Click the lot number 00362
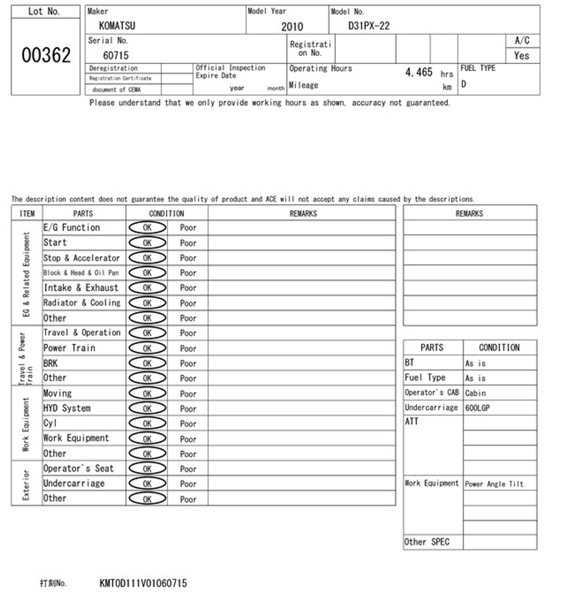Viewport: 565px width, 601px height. point(46,55)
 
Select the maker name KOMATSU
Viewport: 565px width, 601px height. point(117,26)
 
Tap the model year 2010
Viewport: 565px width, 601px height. point(292,26)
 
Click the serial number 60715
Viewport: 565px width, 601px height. point(116,55)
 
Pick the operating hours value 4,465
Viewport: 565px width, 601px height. point(418,72)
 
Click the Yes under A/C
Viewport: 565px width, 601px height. point(521,56)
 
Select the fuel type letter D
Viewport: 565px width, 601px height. point(463,84)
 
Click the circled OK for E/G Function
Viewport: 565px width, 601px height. point(147,227)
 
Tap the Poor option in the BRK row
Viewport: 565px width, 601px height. point(188,363)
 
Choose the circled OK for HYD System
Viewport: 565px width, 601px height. point(147,408)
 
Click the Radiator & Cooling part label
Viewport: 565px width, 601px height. point(82,303)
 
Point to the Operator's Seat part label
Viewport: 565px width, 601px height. point(78,468)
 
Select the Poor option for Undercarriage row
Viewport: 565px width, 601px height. point(188,484)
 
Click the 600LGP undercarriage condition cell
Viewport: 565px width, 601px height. point(477,408)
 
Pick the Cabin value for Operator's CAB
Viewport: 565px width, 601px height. point(475,393)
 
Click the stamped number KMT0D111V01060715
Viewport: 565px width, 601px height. point(143,583)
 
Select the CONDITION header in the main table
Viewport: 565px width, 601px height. point(166,213)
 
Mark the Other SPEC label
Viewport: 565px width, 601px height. point(427,542)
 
